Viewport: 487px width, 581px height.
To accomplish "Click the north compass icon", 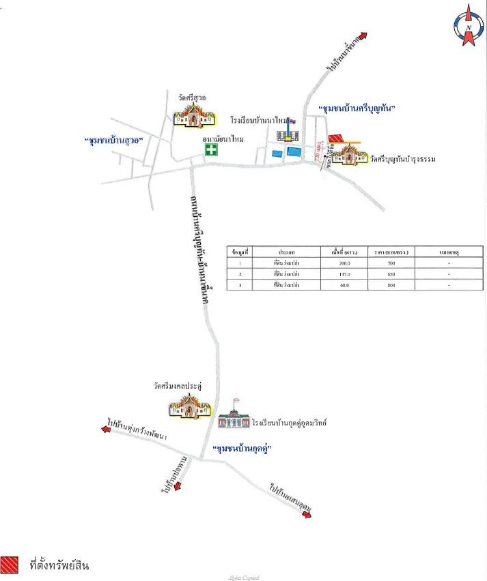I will (469, 25).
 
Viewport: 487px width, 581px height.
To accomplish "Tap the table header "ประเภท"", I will (286, 252).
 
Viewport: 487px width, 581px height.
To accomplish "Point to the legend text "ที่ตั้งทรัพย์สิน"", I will (60, 565).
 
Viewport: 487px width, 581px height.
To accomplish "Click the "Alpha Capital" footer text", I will (243, 577).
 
